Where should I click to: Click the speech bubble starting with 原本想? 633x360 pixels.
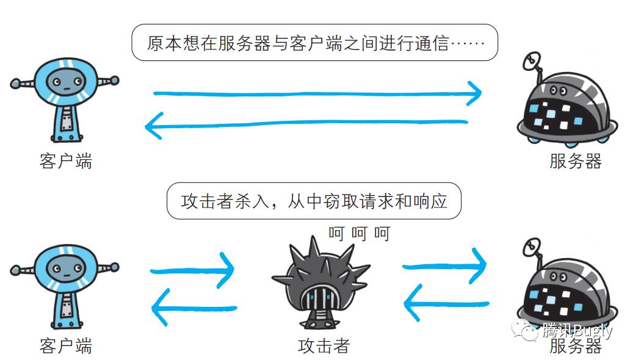point(315,43)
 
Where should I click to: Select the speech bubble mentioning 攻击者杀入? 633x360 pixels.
point(314,201)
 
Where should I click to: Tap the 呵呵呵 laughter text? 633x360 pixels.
point(358,233)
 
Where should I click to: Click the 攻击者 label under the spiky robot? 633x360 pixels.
point(324,346)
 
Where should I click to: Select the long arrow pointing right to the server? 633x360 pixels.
point(317,94)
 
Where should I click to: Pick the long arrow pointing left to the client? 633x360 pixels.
point(305,124)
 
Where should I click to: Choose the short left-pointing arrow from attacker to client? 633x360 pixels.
point(193,308)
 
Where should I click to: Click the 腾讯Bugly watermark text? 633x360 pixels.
point(577,331)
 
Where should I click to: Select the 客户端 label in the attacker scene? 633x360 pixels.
point(65,346)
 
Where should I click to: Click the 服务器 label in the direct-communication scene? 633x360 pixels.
point(575,161)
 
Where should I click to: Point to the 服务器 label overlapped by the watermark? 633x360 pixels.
point(575,347)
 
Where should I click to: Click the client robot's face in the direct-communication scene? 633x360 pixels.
point(64,80)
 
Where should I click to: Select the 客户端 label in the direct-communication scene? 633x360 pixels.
point(65,161)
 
